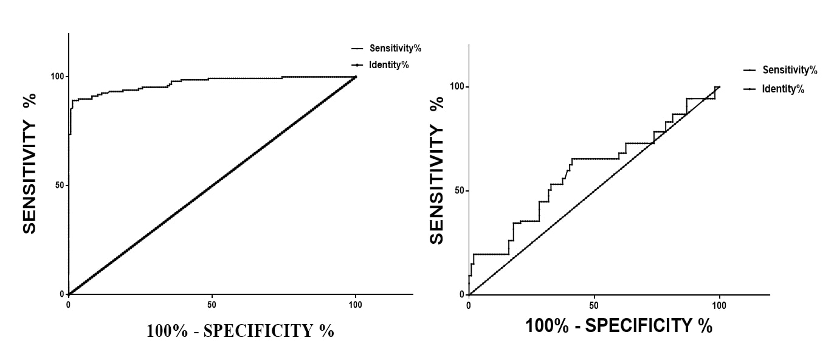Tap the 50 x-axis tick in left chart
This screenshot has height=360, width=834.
pyautogui.click(x=212, y=303)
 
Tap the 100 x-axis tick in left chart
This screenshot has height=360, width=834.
pyautogui.click(x=356, y=303)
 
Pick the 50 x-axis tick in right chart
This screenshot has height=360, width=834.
pyautogui.click(x=594, y=305)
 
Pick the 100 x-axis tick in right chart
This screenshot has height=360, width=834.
pyautogui.click(x=720, y=305)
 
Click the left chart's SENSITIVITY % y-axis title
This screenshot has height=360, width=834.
pyautogui.click(x=29, y=163)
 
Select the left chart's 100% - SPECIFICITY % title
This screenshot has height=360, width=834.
pyautogui.click(x=240, y=331)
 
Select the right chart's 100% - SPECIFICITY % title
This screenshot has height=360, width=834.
pyautogui.click(x=618, y=326)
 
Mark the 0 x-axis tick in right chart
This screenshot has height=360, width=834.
pyautogui.click(x=469, y=305)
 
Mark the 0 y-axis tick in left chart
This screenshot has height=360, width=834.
pyautogui.click(x=62, y=294)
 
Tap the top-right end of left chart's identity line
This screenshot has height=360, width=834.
pyautogui.click(x=356, y=77)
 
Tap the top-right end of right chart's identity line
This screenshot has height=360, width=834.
pyautogui.click(x=720, y=87)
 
